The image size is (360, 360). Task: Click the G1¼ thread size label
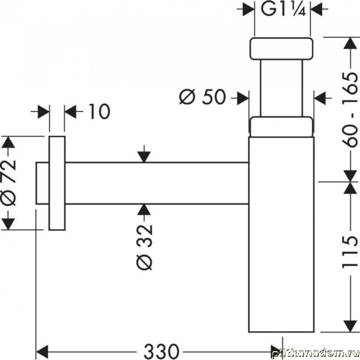click(283, 10)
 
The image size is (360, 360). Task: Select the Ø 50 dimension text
click(203, 98)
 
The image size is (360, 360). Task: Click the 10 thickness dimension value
click(98, 112)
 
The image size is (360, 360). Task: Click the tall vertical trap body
click(281, 235)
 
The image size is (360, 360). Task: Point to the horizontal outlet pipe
click(155, 183)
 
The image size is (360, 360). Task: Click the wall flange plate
click(57, 183)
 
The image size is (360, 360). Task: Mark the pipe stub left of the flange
click(42, 183)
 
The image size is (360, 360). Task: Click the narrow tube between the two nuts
click(281, 87)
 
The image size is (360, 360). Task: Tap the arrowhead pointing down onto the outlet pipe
click(145, 157)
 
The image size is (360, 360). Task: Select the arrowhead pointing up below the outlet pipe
click(145, 210)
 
